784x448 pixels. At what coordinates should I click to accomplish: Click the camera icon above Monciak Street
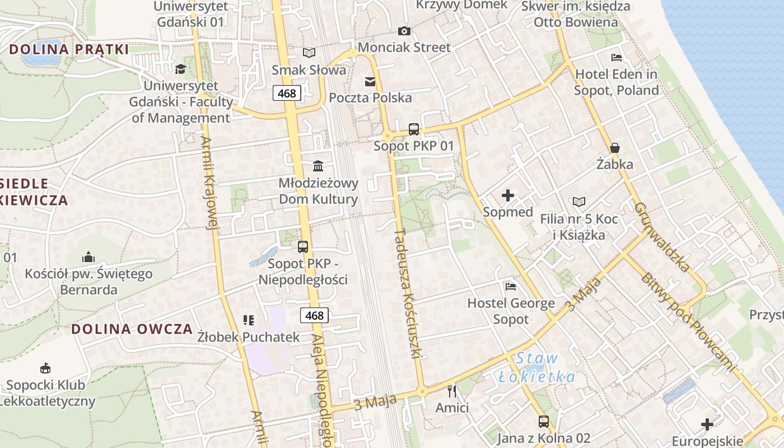(404, 31)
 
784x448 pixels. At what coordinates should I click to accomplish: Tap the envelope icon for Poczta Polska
(370, 82)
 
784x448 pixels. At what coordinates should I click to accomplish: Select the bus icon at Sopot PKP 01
(414, 129)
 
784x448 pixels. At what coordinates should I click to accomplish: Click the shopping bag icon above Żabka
(615, 148)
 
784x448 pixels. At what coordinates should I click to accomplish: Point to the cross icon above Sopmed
(508, 195)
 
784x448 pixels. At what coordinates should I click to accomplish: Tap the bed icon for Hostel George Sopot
(511, 287)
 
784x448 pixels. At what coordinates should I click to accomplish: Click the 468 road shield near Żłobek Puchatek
(314, 315)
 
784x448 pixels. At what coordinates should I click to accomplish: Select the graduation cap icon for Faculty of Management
(180, 69)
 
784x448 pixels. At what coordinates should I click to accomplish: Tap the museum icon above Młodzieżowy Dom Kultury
(319, 166)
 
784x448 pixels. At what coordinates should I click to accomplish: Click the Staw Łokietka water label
(537, 367)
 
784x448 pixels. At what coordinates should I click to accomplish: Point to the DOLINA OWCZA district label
(132, 329)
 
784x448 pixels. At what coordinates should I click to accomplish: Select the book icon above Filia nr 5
(579, 202)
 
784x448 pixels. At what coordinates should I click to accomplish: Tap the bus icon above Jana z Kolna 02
(544, 421)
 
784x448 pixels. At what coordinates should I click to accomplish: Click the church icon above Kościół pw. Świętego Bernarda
(88, 257)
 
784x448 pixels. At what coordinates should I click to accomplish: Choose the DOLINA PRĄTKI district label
(69, 49)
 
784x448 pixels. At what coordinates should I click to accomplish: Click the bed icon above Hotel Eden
(617, 57)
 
